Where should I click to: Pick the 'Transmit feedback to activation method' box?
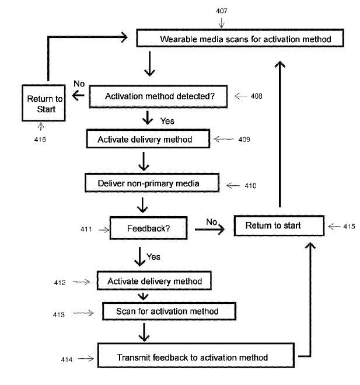coord(192,357)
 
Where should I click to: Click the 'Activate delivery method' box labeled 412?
coord(155,281)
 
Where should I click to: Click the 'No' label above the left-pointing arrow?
coord(79,85)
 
